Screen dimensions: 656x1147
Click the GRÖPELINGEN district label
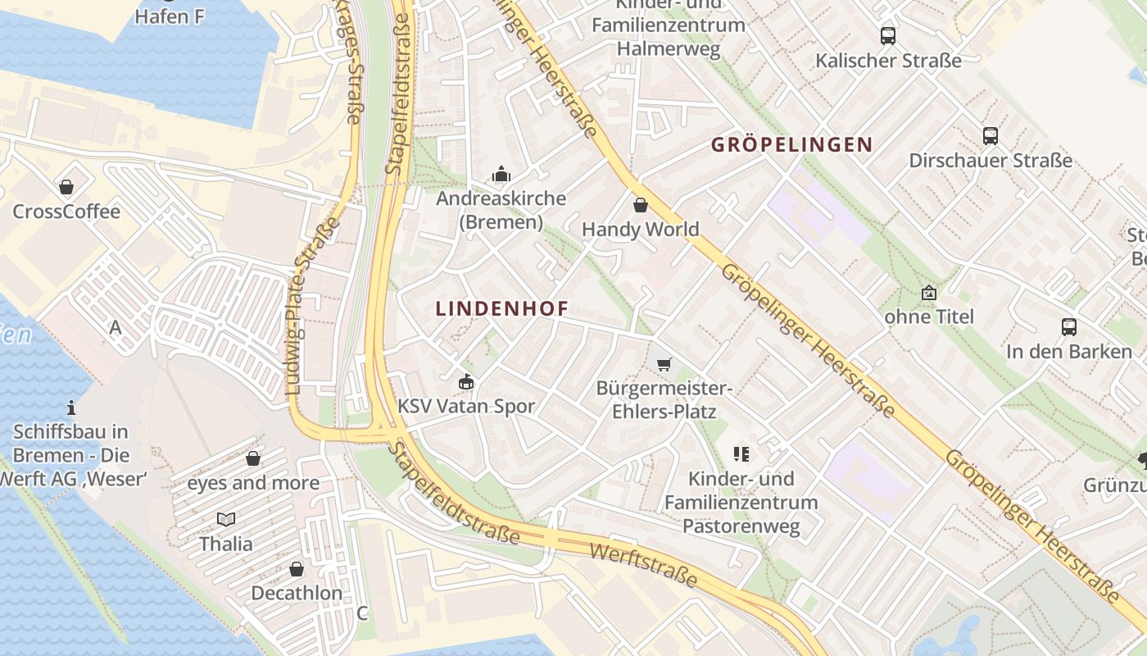791,145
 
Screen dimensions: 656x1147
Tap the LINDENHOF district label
501,309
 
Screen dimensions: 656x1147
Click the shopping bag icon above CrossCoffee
66,188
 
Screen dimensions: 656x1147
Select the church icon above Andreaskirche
501,174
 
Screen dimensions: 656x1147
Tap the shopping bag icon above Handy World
640,204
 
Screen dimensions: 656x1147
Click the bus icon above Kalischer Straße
888,36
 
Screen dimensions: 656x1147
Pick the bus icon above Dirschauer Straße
991,136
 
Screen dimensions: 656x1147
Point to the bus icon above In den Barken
1069,327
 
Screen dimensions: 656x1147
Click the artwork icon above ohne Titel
929,293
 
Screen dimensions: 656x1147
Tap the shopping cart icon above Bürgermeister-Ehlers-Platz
664,363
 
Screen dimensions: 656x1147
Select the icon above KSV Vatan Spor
466,381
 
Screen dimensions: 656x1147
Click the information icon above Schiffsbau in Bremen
71,407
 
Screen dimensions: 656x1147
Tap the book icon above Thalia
226,519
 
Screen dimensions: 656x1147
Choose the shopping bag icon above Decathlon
297,569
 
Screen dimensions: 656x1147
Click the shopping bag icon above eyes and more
253,458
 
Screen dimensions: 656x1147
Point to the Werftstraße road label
642,564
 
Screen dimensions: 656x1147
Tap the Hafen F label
170,16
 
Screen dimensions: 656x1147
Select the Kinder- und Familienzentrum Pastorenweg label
741,502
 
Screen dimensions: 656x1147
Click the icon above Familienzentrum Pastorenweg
741,453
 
